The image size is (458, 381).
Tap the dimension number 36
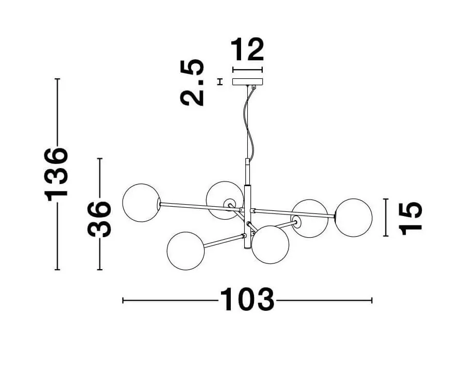pyautogui.click(x=99, y=219)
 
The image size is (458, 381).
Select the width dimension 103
pyautogui.click(x=247, y=300)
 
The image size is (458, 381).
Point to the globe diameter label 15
pyautogui.click(x=411, y=218)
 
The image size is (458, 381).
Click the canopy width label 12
pyautogui.click(x=247, y=49)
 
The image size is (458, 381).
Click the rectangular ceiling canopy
pyautogui.click(x=247, y=82)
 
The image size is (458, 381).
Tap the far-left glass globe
pyautogui.click(x=141, y=203)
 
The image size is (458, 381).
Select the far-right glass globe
pyautogui.click(x=353, y=218)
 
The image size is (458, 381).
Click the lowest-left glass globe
pyautogui.click(x=186, y=251)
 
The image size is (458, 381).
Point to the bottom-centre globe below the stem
pyautogui.click(x=270, y=244)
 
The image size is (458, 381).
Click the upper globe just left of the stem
pyautogui.click(x=224, y=200)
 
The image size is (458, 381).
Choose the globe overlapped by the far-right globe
pyautogui.click(x=310, y=218)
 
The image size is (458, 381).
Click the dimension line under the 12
pyautogui.click(x=247, y=70)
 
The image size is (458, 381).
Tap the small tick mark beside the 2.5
pyautogui.click(x=220, y=82)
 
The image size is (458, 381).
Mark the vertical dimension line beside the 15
pyautogui.click(x=386, y=217)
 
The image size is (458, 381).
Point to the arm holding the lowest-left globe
pyautogui.click(x=224, y=241)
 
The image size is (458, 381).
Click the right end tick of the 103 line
pyautogui.click(x=371, y=300)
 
